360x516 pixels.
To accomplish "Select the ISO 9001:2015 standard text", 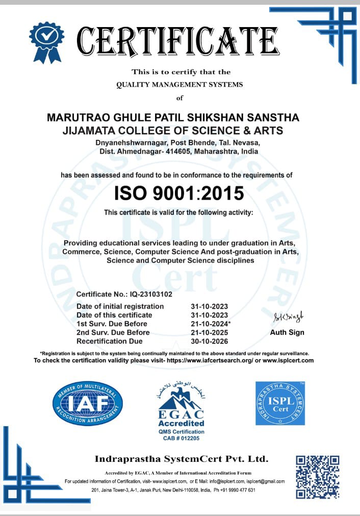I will coord(179,193).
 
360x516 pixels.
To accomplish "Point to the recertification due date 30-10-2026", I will coord(209,341).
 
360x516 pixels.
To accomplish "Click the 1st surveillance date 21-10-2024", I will coord(209,324).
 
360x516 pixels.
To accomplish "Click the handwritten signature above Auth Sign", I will coord(287,318).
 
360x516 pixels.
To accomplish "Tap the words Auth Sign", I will coord(287,332).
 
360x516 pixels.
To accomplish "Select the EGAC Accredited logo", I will coord(181,408).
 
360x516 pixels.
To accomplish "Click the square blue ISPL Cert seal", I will coord(280,403).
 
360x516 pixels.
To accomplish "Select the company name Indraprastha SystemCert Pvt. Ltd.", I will coord(181,459).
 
